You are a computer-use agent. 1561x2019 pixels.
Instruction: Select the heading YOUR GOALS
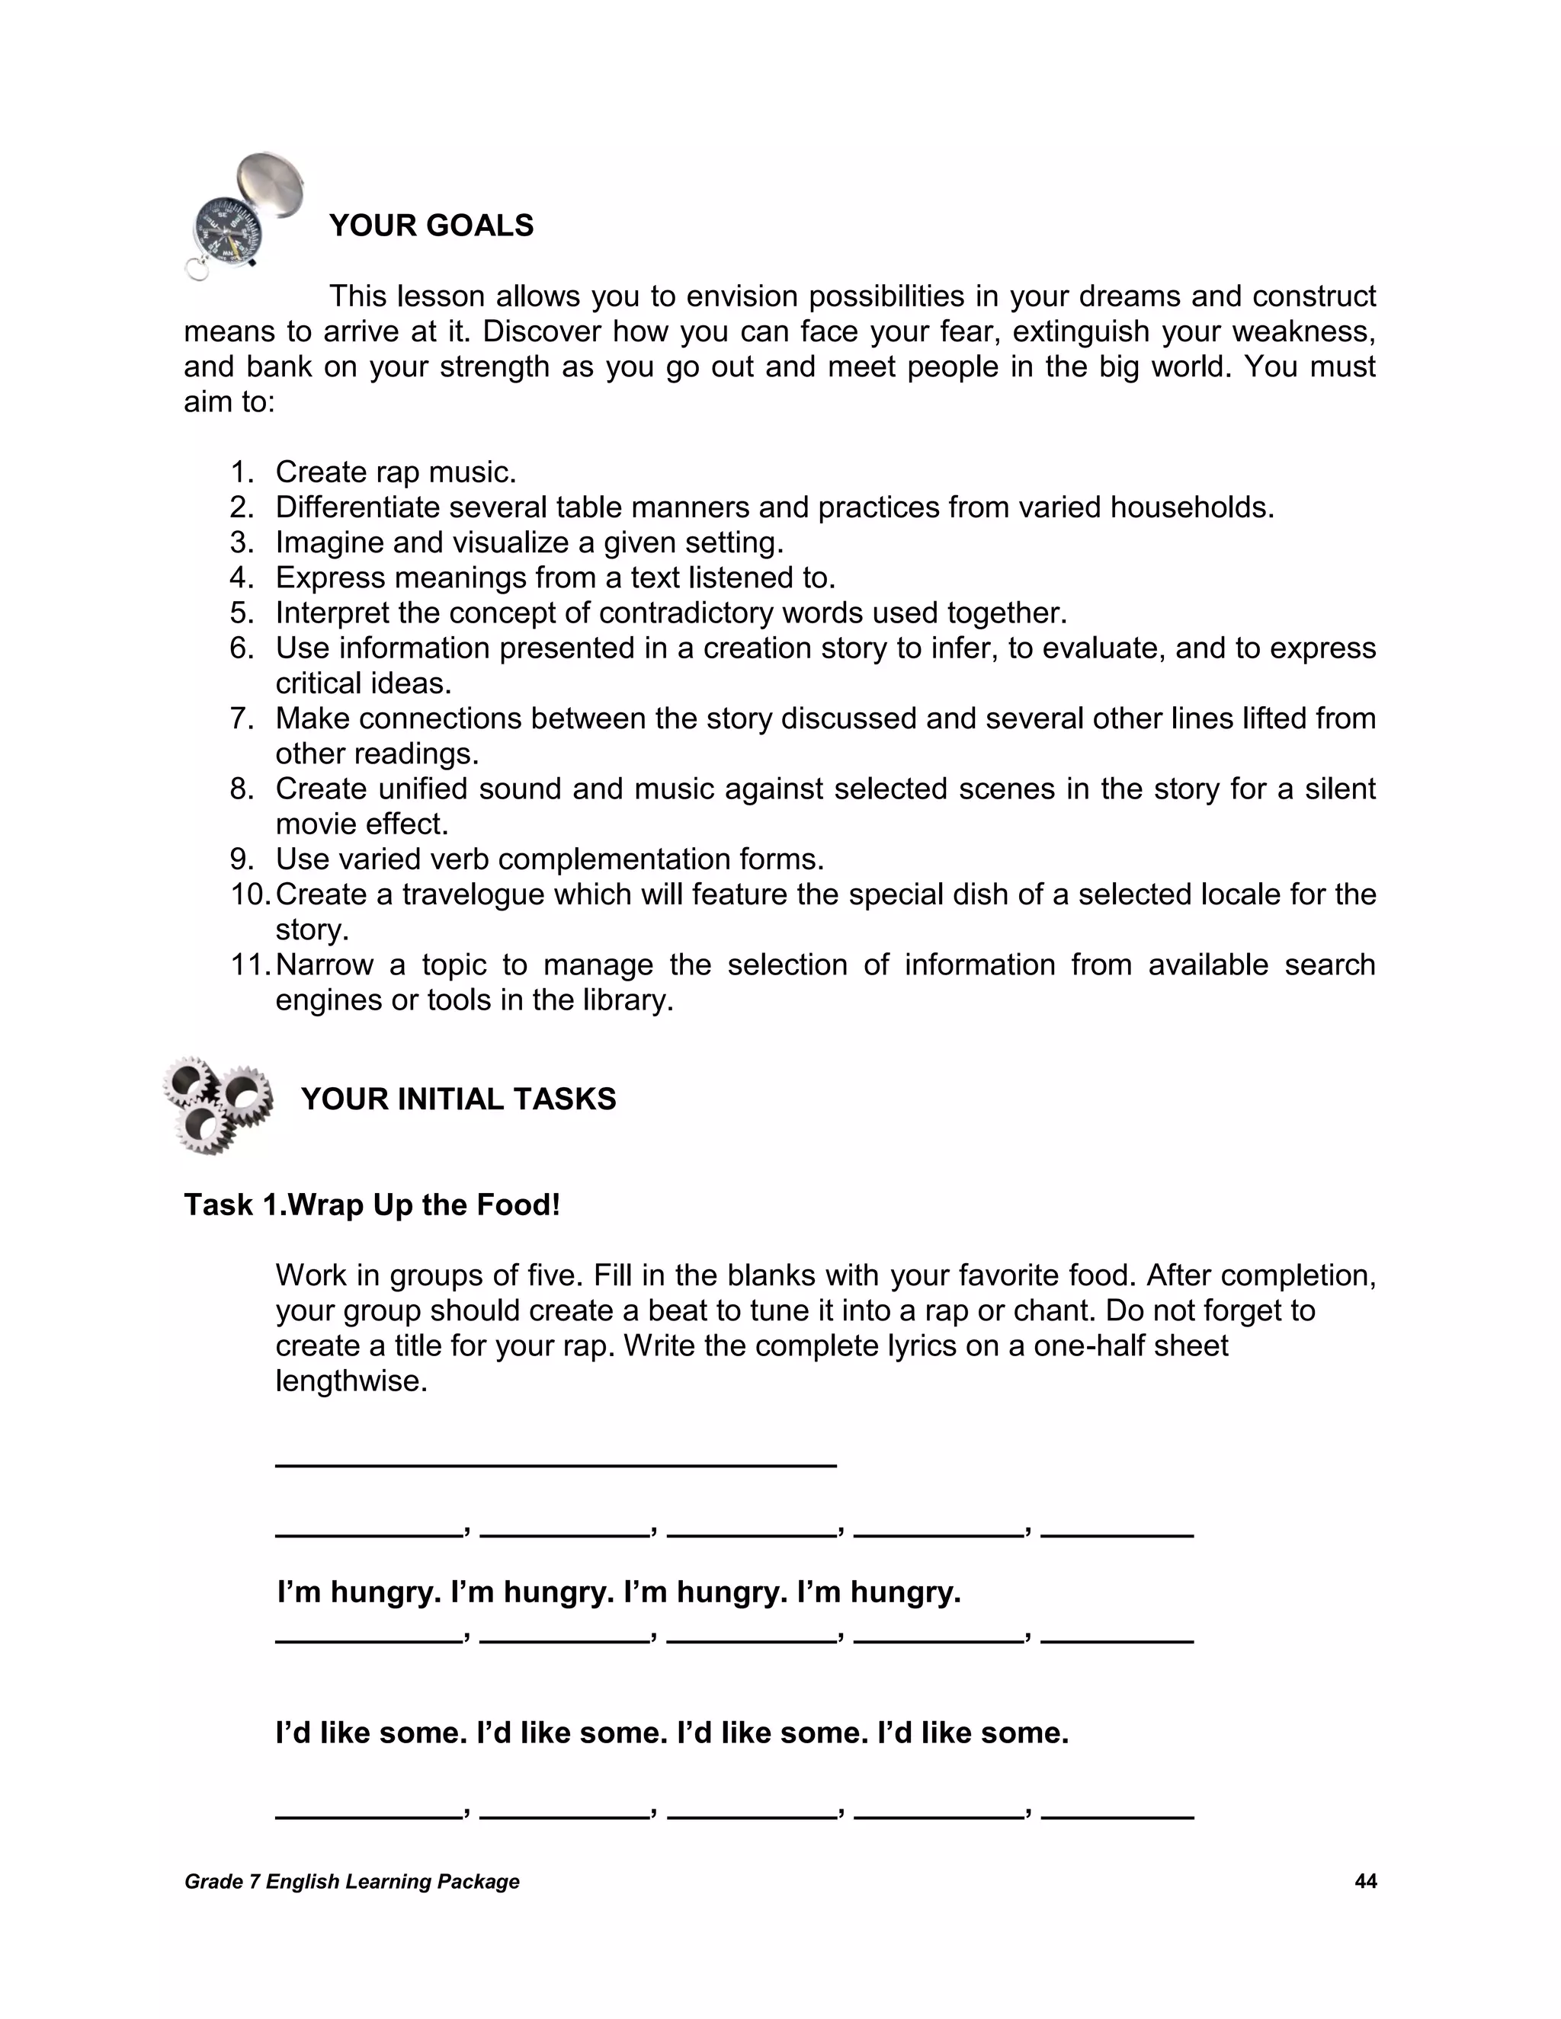431,226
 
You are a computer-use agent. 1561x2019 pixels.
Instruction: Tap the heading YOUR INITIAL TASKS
458,1099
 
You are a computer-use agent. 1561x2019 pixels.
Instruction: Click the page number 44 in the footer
1365,1881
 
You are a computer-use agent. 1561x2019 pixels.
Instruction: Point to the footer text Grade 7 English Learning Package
351,1881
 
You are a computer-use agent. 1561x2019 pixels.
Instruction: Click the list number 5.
242,613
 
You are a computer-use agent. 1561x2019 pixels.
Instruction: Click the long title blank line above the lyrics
555,1464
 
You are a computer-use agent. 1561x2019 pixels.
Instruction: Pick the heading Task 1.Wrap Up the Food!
372,1205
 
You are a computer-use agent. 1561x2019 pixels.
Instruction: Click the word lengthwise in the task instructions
351,1381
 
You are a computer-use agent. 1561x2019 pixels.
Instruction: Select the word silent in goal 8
1340,789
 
